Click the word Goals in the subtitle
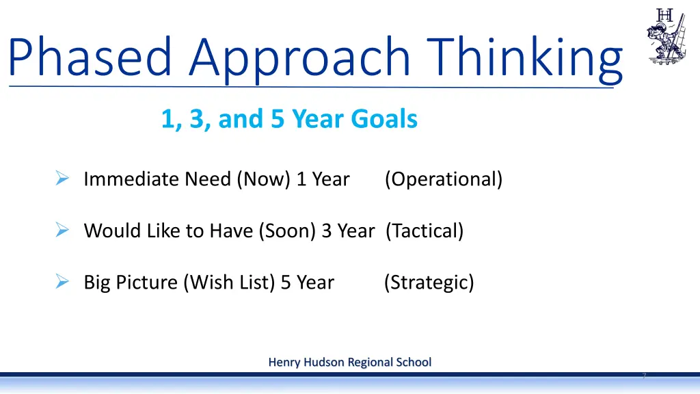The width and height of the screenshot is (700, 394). [383, 120]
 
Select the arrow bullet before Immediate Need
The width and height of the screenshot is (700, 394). [61, 179]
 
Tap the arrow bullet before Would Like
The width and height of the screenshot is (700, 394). [61, 231]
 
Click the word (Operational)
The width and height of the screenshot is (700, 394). [443, 180]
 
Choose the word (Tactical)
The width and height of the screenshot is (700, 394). [424, 231]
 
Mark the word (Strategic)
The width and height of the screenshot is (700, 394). [429, 283]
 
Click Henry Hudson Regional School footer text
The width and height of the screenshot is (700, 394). [349, 362]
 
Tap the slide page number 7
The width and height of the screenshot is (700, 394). [644, 376]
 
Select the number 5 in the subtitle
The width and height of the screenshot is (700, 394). [278, 120]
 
